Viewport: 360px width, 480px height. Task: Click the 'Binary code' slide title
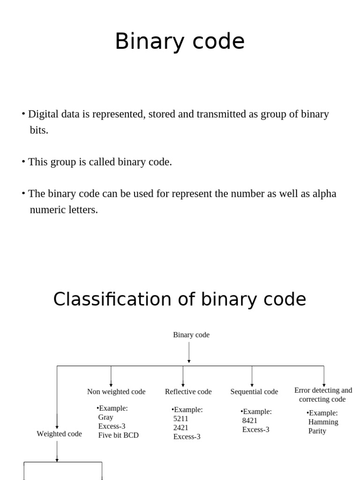180,42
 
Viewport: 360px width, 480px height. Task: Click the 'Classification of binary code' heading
180,299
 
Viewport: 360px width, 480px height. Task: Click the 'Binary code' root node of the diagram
191,335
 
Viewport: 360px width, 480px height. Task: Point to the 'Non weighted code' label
116,391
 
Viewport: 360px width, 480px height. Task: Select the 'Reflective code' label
188,391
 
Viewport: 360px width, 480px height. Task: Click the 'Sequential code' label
254,391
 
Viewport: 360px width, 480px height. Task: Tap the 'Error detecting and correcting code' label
323,395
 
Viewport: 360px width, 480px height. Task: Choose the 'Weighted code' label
59,434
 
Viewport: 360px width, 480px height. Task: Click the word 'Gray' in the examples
105,417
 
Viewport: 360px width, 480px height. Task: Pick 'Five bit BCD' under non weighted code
118,435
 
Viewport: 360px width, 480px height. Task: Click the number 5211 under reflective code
181,419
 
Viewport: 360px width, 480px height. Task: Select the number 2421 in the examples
181,427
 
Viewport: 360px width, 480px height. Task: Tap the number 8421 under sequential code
250,420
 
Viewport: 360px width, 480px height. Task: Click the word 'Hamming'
323,422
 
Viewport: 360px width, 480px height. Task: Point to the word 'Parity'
317,431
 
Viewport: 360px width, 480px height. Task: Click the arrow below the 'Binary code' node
189,352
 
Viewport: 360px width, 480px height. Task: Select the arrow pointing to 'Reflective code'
183,376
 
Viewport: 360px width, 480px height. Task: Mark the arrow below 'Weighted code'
57,451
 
